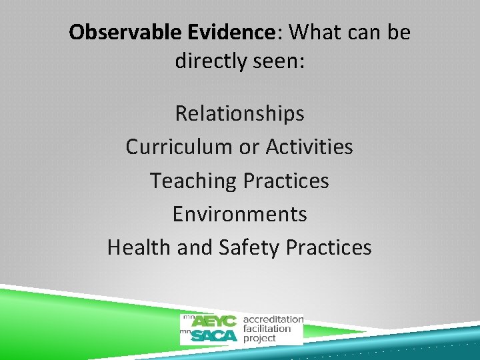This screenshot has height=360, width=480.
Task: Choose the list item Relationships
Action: click(239, 114)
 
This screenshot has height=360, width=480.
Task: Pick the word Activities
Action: click(309, 147)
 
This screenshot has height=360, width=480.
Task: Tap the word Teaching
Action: click(193, 181)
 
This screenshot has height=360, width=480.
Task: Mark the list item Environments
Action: click(239, 214)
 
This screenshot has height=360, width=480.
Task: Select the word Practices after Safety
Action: click(329, 247)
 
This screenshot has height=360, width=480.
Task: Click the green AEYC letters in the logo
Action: click(214, 321)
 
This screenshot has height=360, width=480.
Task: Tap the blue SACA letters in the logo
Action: click(213, 335)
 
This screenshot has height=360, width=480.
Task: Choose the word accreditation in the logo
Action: click(273, 319)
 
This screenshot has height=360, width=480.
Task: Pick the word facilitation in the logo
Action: click(267, 329)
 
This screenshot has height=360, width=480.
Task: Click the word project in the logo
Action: click(259, 338)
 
